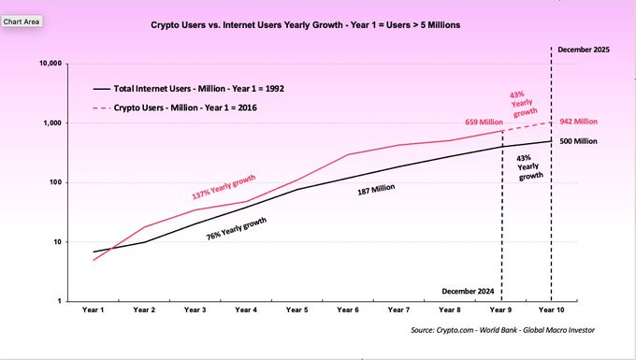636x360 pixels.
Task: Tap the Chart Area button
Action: (21, 20)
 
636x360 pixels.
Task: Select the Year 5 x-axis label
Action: (296, 309)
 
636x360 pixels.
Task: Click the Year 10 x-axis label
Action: (550, 309)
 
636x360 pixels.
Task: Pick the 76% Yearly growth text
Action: (238, 228)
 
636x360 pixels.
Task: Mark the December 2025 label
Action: (583, 48)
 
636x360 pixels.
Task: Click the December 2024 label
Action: (470, 291)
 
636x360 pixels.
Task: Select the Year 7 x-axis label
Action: (398, 309)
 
